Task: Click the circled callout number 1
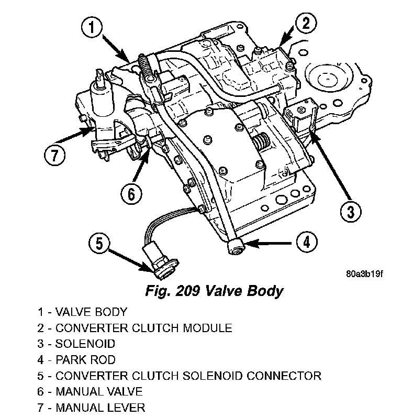tap(92, 27)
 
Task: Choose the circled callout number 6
tap(131, 194)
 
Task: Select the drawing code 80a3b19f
tap(364, 274)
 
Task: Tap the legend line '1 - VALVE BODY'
tap(82, 312)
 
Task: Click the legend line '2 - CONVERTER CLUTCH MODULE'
tap(135, 328)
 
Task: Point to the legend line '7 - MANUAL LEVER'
tap(91, 407)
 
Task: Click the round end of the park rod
tap(237, 246)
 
